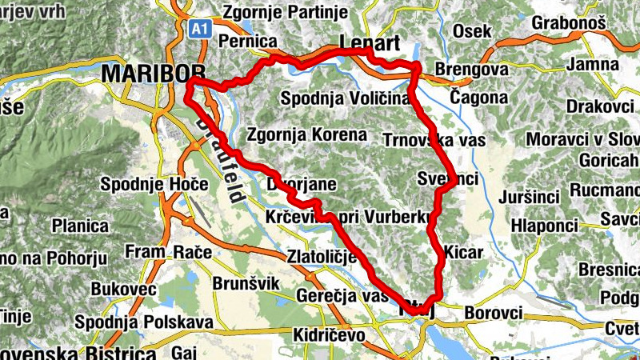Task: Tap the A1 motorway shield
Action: coord(200,29)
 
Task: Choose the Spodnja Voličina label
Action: coord(345,98)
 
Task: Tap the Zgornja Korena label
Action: coord(307,134)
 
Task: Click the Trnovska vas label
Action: coord(434,140)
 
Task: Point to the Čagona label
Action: coord(478,98)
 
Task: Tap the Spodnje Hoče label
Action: coord(154,185)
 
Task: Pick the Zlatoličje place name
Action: coord(321,258)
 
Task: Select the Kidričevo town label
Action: coord(330,334)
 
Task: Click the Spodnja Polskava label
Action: coord(143,322)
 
